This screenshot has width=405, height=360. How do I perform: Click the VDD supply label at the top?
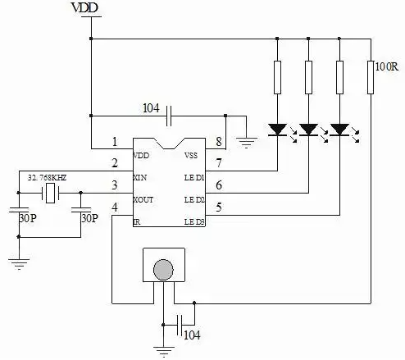(84, 7)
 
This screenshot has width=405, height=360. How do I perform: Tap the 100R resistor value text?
(387, 66)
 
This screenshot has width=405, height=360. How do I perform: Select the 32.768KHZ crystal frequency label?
(47, 178)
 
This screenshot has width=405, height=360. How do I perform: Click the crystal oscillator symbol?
(50, 194)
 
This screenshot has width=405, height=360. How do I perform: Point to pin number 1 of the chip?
(115, 142)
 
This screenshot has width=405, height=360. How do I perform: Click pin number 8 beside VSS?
(219, 142)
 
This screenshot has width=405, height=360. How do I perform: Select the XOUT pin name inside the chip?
(143, 200)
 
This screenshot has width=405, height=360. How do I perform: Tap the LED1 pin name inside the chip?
(194, 178)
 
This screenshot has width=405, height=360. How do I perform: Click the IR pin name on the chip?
(137, 222)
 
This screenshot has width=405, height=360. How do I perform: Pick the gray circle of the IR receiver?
(163, 270)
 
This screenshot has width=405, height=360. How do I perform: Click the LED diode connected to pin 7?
(277, 130)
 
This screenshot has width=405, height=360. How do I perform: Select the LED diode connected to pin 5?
(339, 130)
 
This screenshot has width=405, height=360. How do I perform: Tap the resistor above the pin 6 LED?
(308, 77)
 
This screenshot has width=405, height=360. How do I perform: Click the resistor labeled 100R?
(371, 77)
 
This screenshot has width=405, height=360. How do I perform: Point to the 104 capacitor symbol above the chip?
(169, 116)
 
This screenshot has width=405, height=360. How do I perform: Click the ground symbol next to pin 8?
(247, 143)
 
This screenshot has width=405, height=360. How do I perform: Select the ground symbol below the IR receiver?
(164, 352)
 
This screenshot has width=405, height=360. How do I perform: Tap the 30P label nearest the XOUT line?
(89, 218)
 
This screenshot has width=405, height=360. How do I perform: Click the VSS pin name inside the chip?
(191, 155)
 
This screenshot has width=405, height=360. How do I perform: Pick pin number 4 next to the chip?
(115, 207)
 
